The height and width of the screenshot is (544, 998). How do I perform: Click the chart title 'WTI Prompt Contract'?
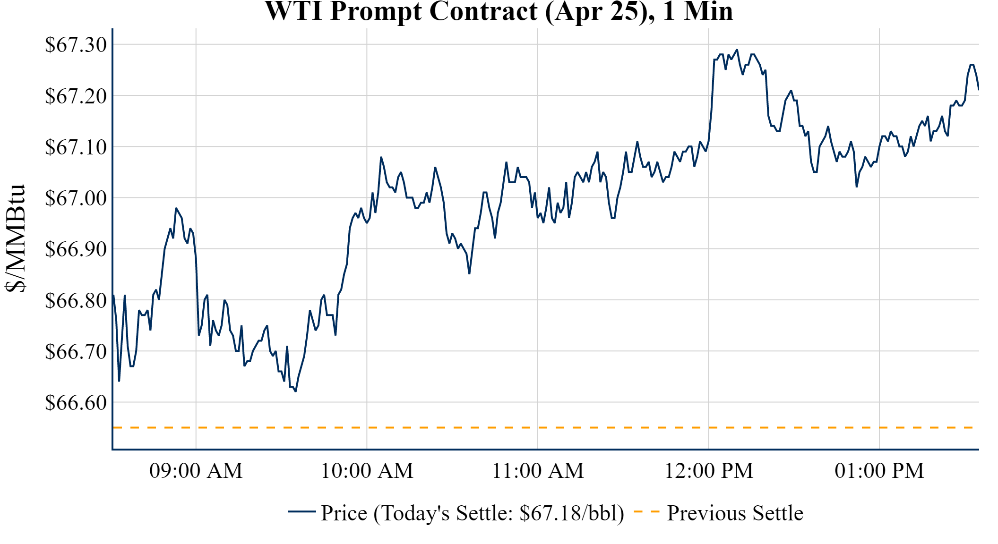[x=499, y=11]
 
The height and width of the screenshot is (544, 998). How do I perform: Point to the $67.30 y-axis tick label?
[x=76, y=45]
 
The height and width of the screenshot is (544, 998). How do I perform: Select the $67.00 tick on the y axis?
[x=76, y=198]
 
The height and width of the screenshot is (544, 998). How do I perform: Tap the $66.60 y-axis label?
[x=76, y=402]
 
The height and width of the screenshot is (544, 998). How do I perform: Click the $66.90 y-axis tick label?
[x=76, y=249]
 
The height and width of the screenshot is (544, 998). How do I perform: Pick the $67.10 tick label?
[x=76, y=147]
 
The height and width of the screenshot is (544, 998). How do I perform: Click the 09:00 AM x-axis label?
[x=196, y=471]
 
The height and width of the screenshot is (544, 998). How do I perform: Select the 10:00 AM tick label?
[x=367, y=471]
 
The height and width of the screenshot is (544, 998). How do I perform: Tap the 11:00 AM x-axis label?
[x=538, y=471]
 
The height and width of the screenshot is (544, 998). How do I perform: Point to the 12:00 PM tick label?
[x=709, y=471]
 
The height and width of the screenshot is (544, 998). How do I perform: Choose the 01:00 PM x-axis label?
[x=879, y=471]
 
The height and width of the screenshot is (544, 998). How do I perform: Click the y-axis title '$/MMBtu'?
[x=15, y=238]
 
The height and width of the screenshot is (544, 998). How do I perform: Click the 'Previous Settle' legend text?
[x=735, y=513]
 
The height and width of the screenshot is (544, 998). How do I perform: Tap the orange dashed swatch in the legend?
[x=646, y=511]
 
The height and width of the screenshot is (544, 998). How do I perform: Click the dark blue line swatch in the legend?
[x=301, y=511]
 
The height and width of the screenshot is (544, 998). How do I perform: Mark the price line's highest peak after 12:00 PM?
[x=737, y=50]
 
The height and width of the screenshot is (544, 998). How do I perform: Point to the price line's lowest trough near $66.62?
[x=295, y=391]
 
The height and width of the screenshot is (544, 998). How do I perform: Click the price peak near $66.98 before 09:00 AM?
[x=176, y=208]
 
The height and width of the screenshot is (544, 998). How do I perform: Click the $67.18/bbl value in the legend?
[x=568, y=513]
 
